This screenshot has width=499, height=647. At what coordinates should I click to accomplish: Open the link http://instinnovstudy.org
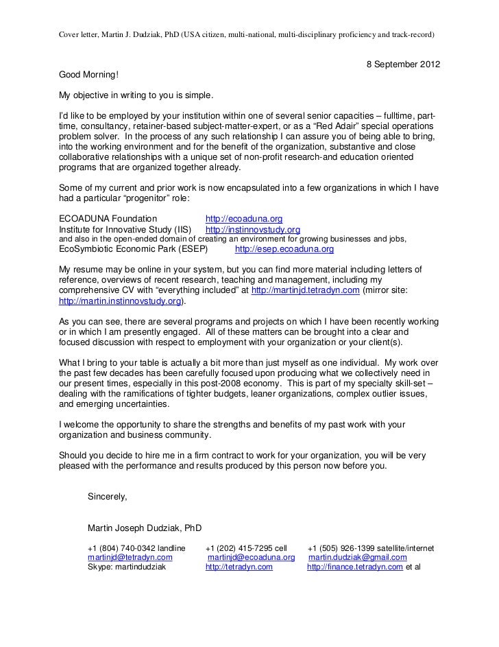[x=253, y=229]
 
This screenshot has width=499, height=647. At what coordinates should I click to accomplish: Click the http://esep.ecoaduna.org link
[x=284, y=250]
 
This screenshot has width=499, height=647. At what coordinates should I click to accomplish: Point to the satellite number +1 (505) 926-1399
[x=341, y=548]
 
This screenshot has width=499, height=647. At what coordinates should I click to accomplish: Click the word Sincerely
[x=107, y=497]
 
